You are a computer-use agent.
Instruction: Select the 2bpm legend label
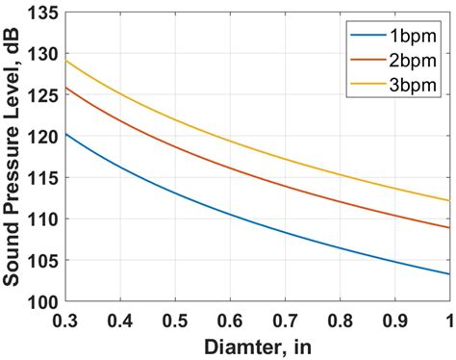[410, 63]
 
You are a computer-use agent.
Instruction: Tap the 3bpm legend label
[410, 85]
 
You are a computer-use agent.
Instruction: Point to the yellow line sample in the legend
[367, 85]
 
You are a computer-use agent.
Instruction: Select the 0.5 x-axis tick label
[175, 318]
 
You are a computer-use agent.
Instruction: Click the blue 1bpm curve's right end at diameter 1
[448, 273]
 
